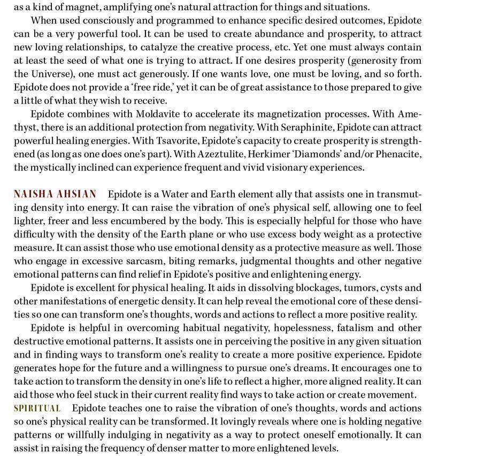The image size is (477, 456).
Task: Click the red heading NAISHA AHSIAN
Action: tap(55, 194)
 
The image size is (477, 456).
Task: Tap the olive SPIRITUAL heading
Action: tap(37, 408)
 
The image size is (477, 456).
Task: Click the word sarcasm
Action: tap(144, 261)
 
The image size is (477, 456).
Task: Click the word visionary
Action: tap(290, 167)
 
